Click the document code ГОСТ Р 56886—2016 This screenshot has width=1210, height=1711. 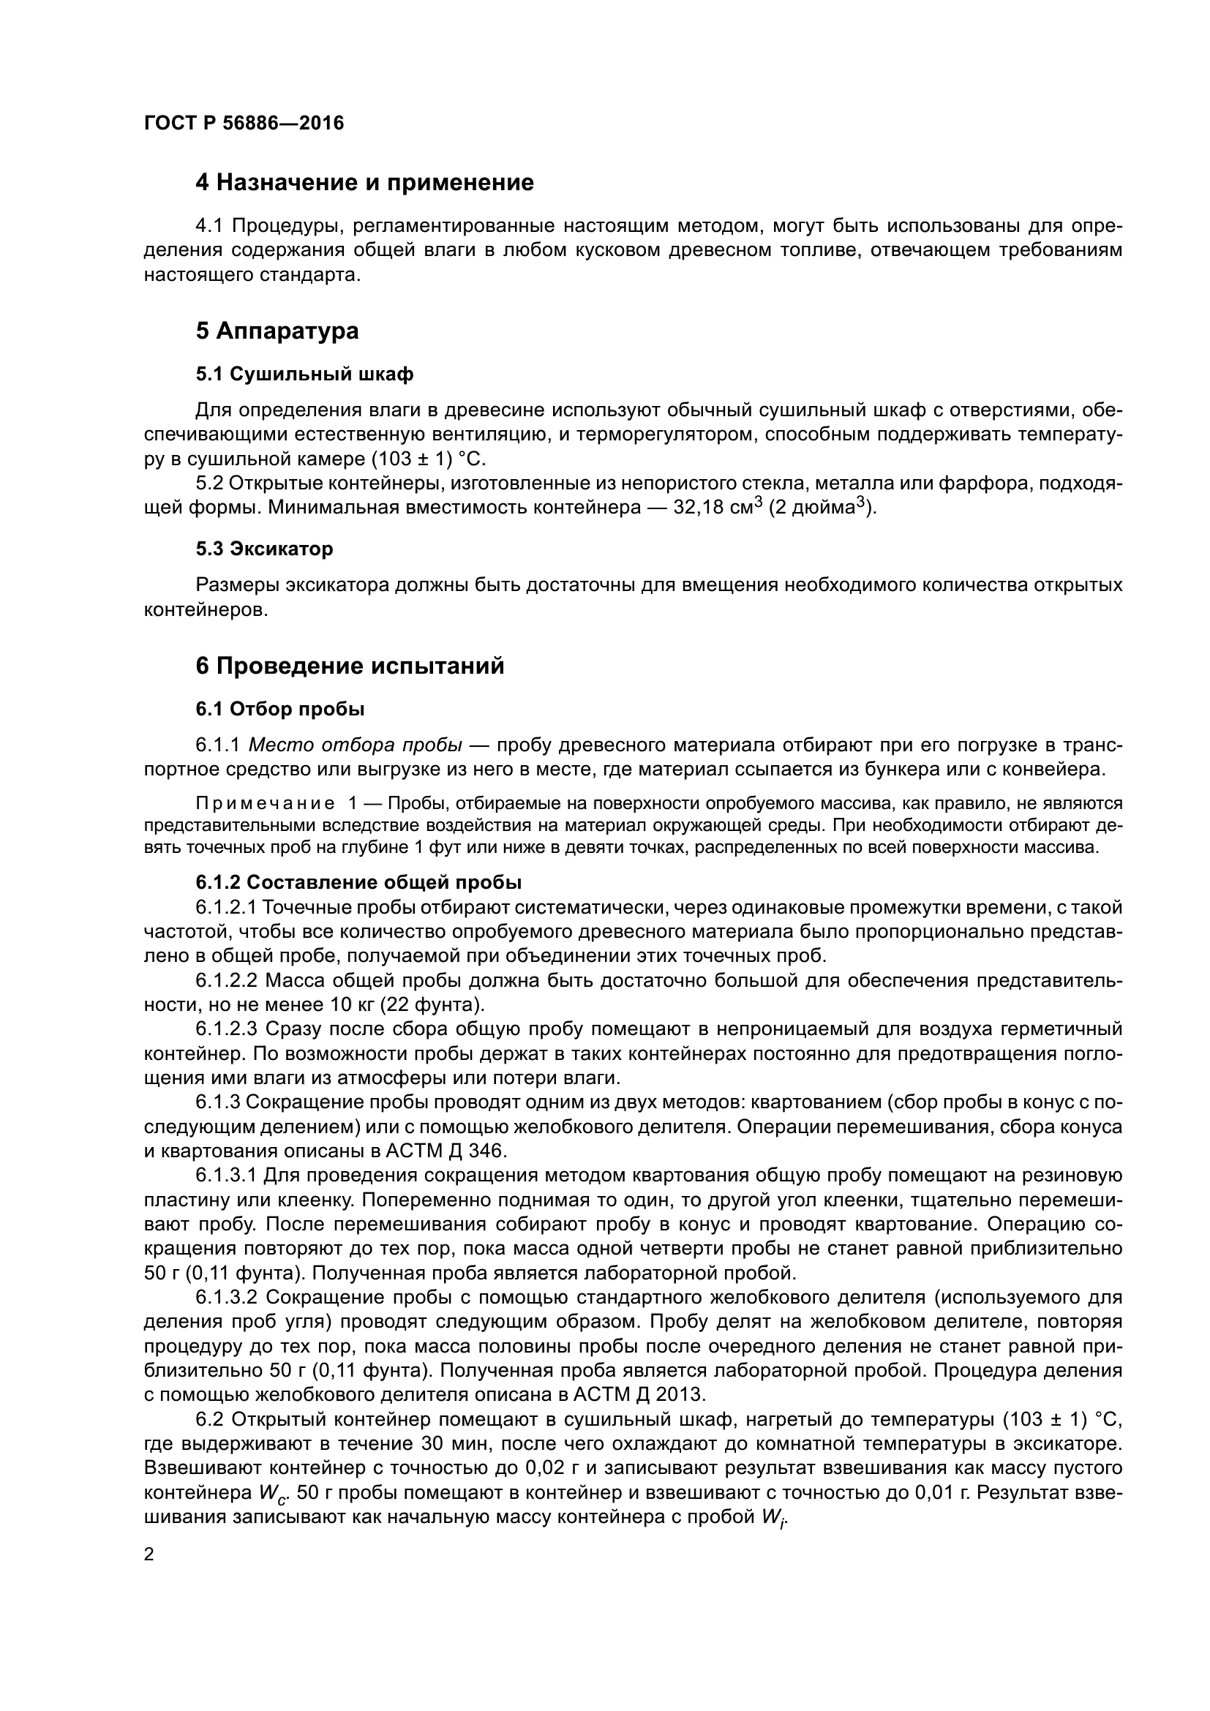244,123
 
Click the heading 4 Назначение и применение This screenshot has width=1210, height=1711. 364,183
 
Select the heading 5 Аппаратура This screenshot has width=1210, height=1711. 277,331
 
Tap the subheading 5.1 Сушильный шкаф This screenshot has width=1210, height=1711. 304,374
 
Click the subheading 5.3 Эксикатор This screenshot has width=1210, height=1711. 265,549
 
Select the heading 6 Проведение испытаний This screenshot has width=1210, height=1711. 350,666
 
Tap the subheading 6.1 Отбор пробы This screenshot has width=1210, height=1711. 280,709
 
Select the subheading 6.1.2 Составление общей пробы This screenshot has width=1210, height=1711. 358,882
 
